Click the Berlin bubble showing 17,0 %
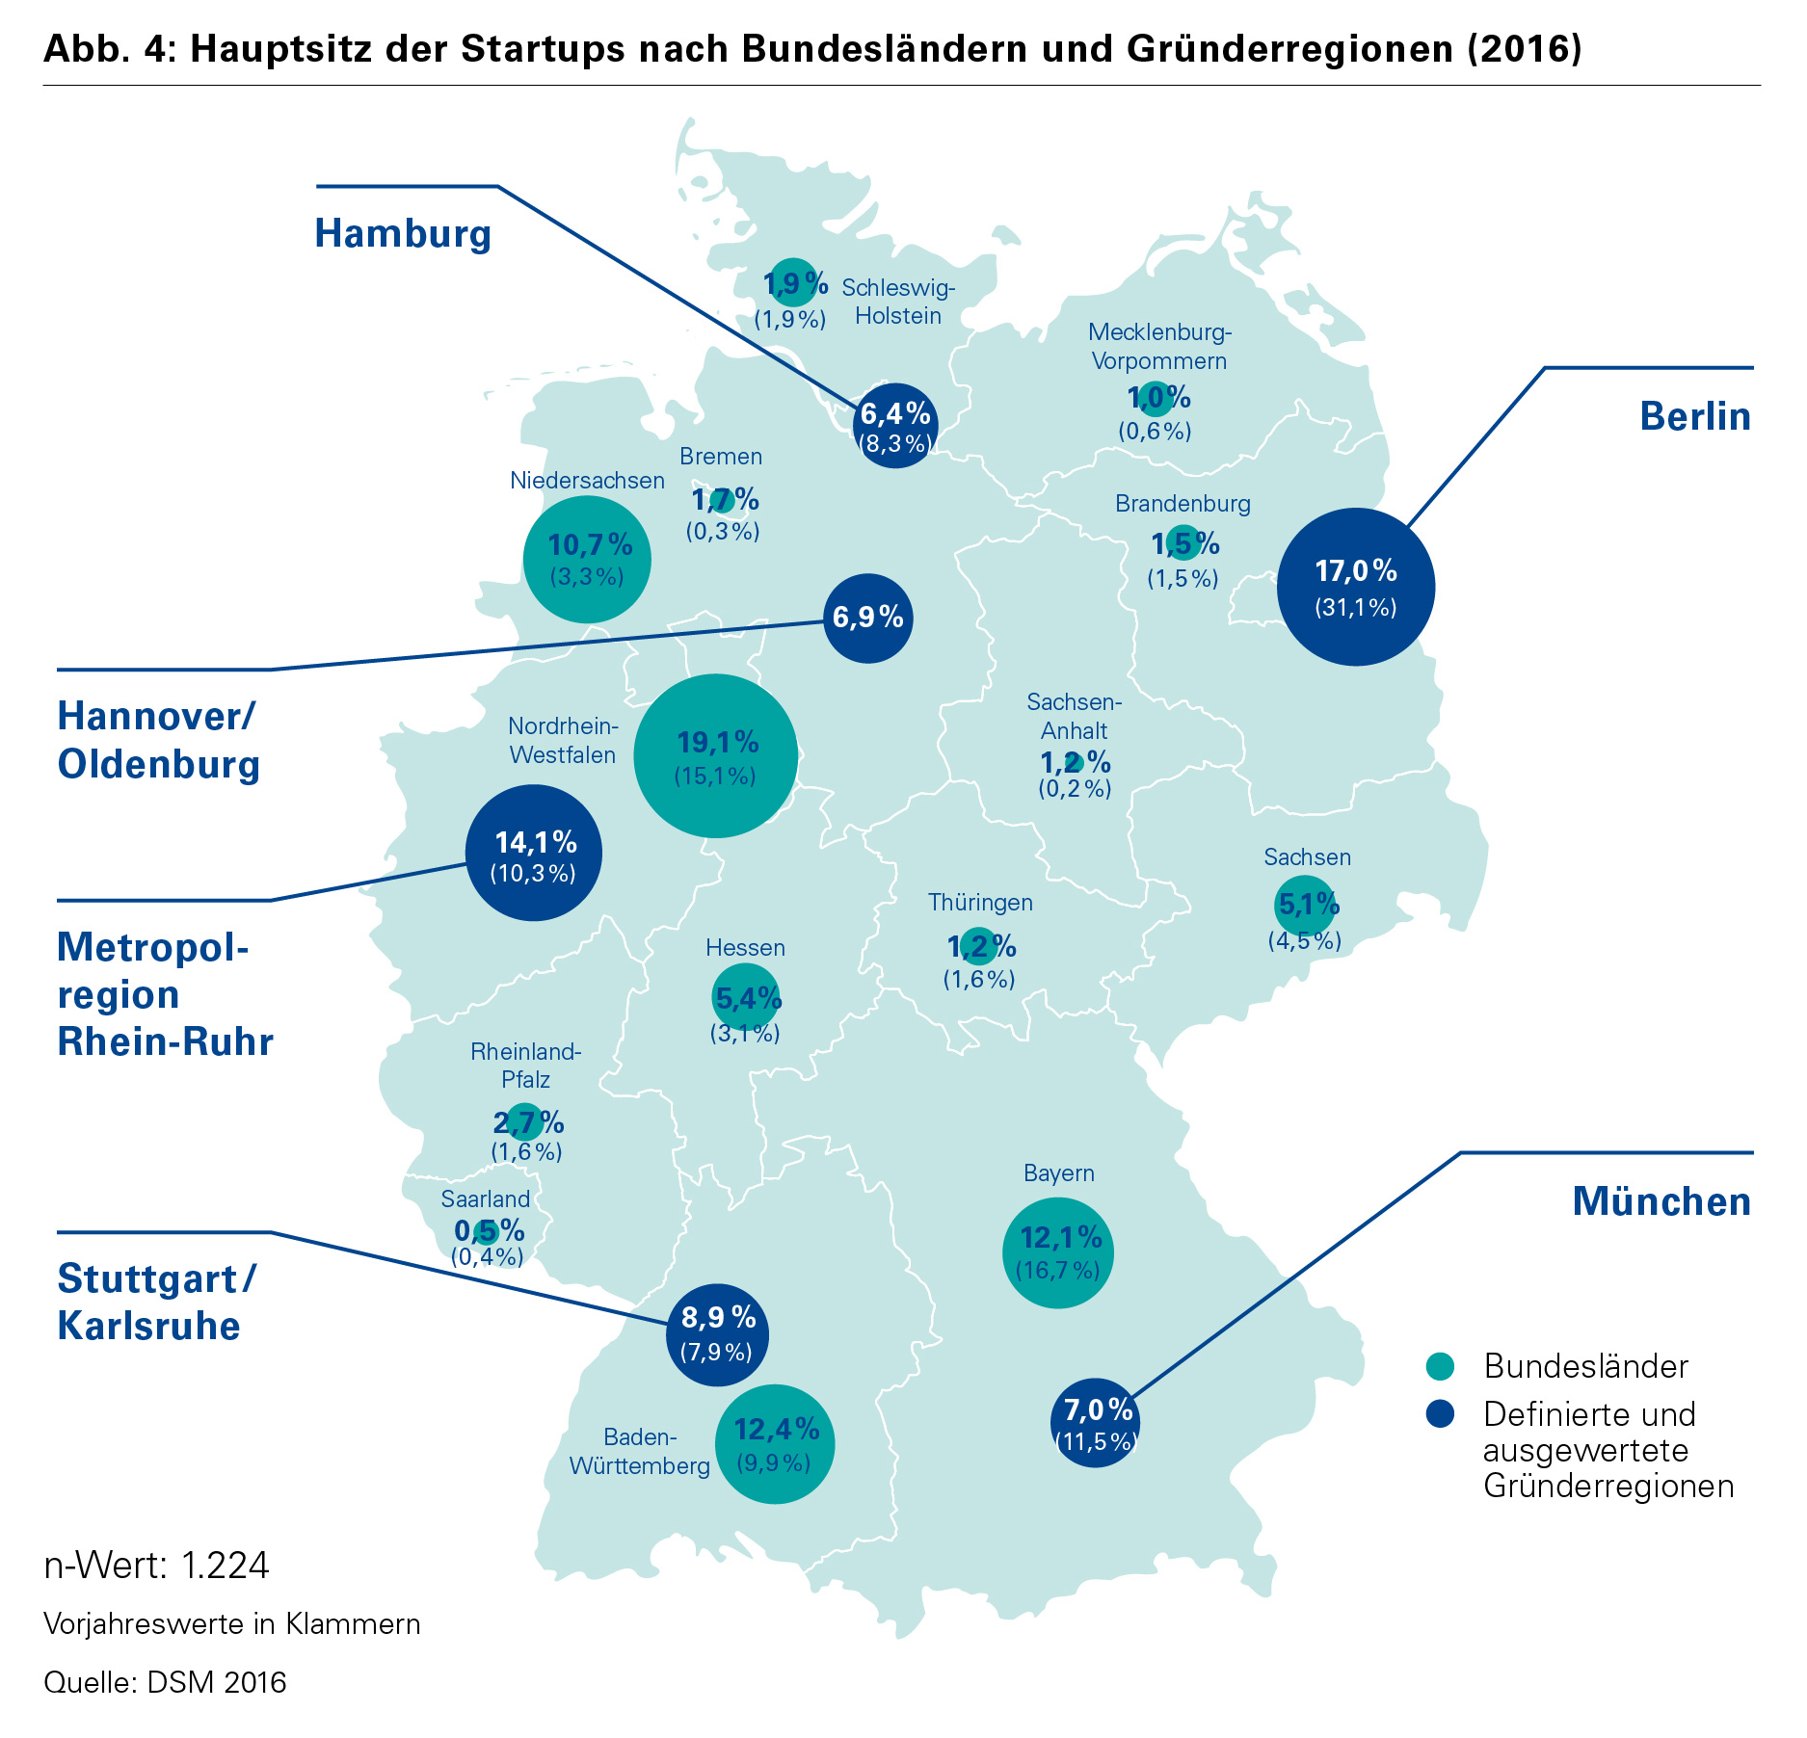coord(1355,587)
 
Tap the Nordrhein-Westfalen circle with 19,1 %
coord(715,756)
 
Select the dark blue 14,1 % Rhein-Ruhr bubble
coord(534,854)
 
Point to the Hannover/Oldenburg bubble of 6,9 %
coord(868,618)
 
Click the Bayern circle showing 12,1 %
coord(1058,1252)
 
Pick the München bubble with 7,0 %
coord(1096,1422)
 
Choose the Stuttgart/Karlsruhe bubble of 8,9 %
coord(717,1334)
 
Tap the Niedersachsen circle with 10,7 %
coord(587,560)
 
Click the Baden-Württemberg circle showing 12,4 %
coord(775,1444)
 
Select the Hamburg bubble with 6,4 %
coord(895,425)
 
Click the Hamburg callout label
coord(403,234)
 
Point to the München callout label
coord(1661,1202)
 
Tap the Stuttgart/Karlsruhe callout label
coord(156,1303)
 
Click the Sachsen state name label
coord(1307,857)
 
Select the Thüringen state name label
coord(980,903)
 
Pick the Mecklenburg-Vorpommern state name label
coord(1159,347)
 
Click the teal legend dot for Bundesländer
coord(1440,1366)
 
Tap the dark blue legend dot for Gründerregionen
coord(1440,1414)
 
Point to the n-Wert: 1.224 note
coord(157,1565)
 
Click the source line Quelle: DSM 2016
coord(165,1682)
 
